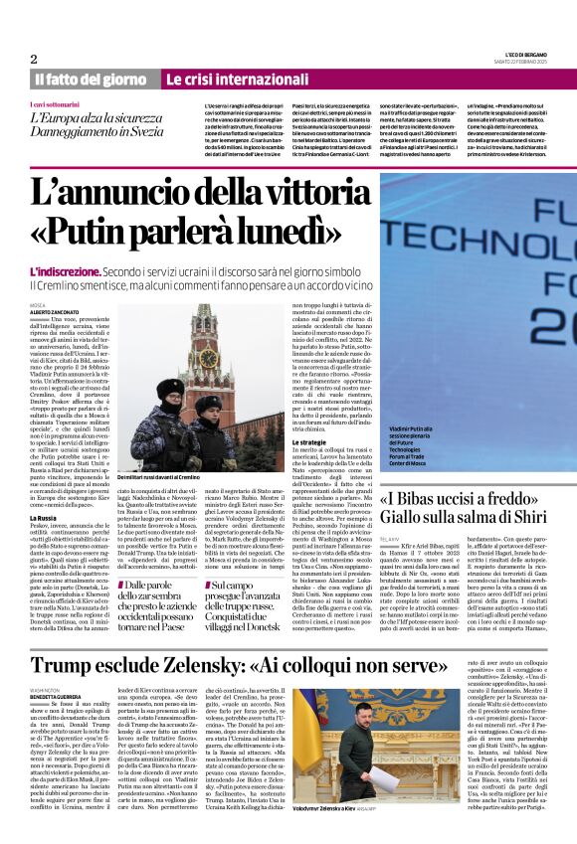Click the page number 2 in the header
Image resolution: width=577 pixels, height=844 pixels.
34,59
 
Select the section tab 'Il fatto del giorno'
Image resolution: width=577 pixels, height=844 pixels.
92,79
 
